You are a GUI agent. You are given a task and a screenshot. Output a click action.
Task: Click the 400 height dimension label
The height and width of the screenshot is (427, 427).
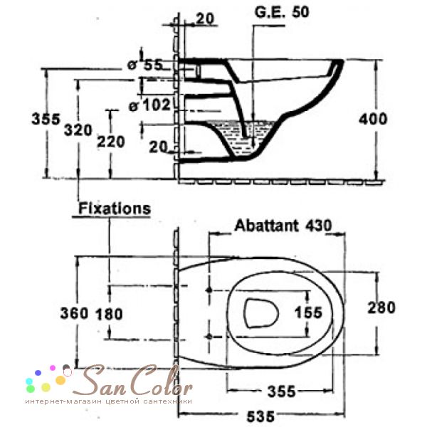click(x=372, y=119)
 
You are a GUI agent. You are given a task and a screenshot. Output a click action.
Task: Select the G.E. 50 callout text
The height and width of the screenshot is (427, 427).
click(x=282, y=12)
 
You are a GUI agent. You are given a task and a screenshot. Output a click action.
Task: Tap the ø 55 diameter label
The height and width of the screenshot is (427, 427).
click(x=145, y=65)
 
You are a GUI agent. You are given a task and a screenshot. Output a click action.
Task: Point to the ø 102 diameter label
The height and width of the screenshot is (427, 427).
click(x=149, y=105)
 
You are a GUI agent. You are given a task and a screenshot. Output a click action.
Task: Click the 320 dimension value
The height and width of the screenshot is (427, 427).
click(x=78, y=130)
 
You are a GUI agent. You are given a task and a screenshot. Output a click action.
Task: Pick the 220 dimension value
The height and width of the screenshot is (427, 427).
click(x=111, y=142)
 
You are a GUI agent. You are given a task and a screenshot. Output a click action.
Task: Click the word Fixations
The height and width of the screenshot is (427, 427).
click(x=115, y=209)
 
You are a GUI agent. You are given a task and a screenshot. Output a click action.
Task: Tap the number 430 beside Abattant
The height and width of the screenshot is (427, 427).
click(x=319, y=226)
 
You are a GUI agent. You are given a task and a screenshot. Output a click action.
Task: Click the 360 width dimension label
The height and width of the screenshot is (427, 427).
click(x=74, y=313)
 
